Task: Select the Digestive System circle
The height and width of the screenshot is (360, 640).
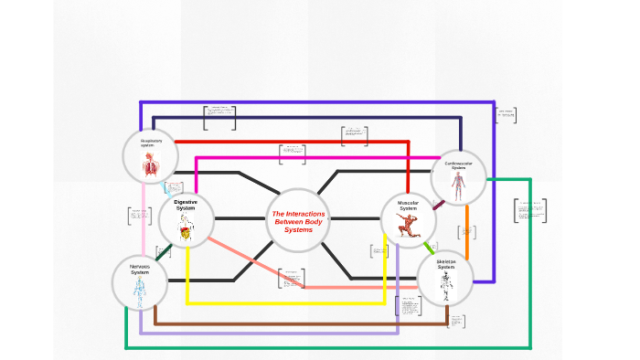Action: coord(186,218)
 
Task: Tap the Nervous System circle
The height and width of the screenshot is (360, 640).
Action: coord(140,281)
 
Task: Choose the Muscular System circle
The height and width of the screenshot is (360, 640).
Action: coord(408,219)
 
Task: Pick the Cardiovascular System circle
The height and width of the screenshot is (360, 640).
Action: coord(457,177)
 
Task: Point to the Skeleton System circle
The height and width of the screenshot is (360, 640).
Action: coord(445,277)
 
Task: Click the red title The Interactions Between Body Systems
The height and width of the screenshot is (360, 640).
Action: coord(298,222)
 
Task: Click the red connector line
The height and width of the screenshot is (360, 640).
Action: coord(293,142)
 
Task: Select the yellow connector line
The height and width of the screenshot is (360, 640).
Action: coord(283,302)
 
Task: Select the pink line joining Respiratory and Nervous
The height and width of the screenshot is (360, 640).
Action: coord(143,219)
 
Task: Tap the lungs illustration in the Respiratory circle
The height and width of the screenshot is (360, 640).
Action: coord(150,164)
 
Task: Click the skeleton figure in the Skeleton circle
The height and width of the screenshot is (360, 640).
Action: coord(445,285)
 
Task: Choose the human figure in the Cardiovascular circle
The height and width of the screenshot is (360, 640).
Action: coord(459,186)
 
